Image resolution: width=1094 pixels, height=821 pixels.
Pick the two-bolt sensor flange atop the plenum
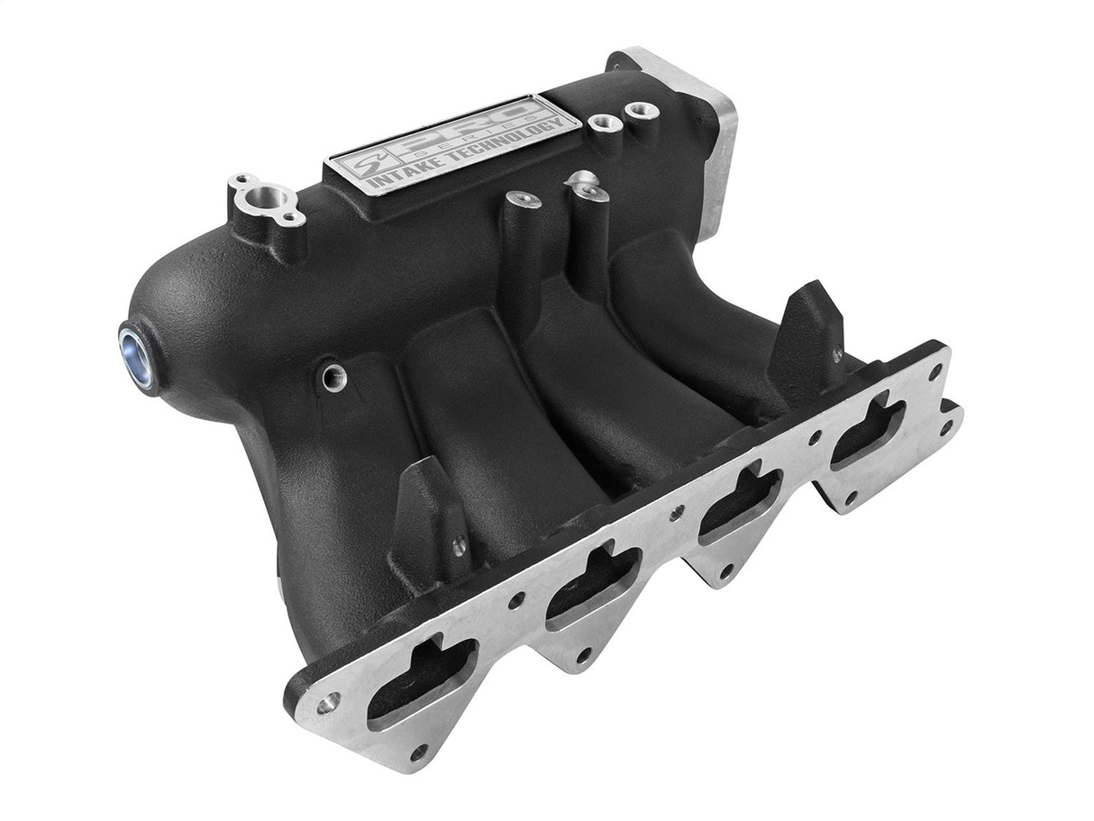[x=262, y=199]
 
